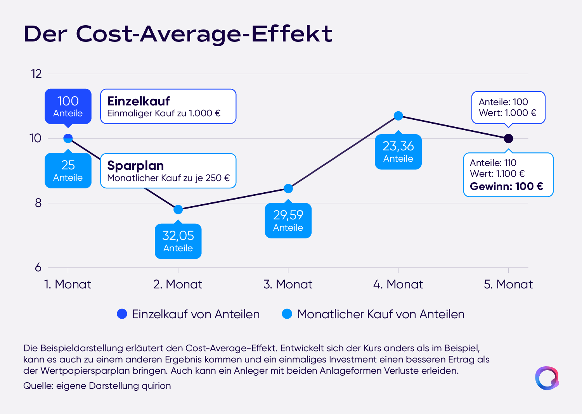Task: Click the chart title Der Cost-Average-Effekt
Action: pos(178,34)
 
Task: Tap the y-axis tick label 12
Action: pos(36,74)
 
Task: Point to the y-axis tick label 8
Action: pos(38,203)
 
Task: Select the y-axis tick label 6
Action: pos(38,267)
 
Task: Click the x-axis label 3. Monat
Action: pos(288,284)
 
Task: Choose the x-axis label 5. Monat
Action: pos(508,284)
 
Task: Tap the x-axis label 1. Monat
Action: pos(68,284)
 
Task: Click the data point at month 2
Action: pos(178,209)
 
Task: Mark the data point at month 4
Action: pos(398,116)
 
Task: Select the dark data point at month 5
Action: pos(508,138)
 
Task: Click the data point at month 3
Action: pos(288,189)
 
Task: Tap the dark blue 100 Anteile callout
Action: pos(68,106)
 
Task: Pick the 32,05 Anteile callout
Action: pos(178,241)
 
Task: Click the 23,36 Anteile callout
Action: pos(398,152)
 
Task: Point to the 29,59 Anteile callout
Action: pos(288,220)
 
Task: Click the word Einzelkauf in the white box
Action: pos(138,101)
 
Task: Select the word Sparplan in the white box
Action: pos(135,166)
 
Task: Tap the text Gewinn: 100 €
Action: pos(506,186)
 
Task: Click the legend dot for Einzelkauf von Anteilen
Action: pos(122,314)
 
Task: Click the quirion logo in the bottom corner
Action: pos(547,378)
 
